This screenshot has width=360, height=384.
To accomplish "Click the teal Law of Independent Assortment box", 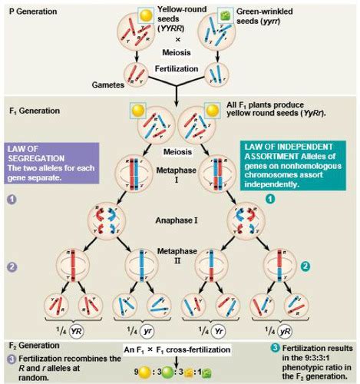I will [295, 163].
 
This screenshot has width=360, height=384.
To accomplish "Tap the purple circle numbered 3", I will [11, 359].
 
